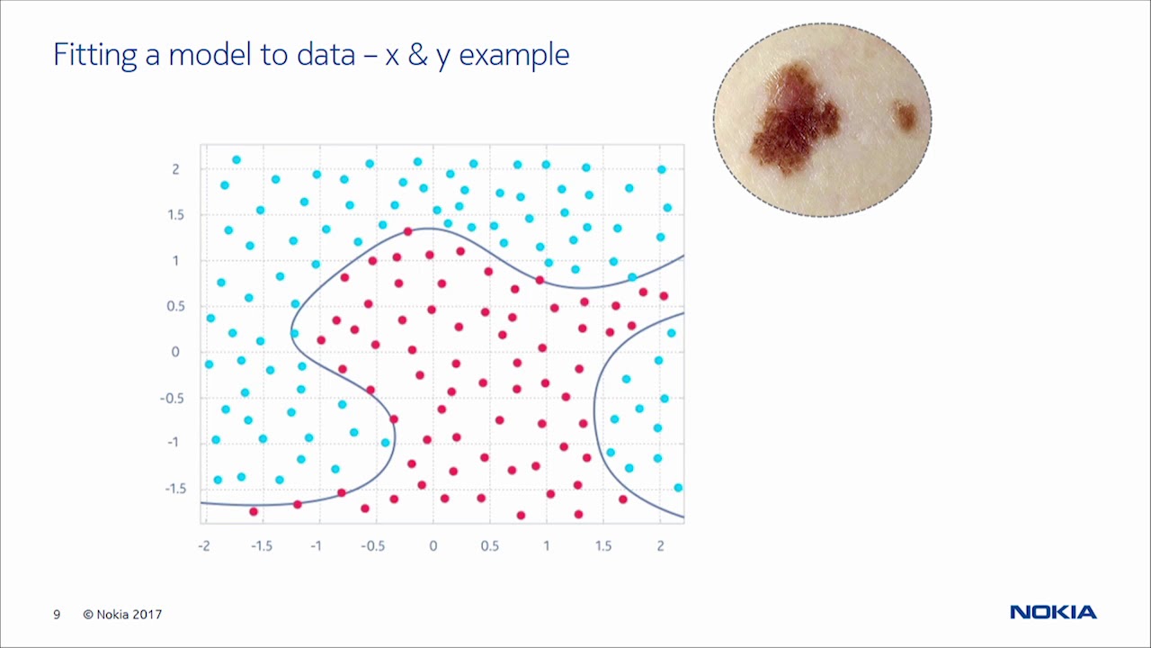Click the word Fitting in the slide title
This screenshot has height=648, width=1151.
click(94, 55)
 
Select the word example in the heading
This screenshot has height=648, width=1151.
click(514, 56)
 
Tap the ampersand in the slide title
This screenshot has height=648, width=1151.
click(418, 55)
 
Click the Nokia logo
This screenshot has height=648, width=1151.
click(1053, 612)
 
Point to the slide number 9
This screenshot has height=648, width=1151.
click(57, 614)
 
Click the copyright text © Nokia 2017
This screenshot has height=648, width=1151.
click(122, 614)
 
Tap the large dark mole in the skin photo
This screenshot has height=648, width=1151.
click(794, 121)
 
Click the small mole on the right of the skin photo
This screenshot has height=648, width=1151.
click(906, 115)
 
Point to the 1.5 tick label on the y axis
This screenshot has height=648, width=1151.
click(175, 215)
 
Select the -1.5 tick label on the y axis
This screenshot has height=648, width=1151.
click(175, 489)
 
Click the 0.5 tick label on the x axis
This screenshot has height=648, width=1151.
click(490, 545)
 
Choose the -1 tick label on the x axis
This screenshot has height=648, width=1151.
click(316, 545)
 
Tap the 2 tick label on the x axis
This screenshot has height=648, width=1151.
click(660, 545)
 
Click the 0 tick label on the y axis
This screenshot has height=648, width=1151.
click(175, 352)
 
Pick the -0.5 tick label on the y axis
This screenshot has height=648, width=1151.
click(172, 398)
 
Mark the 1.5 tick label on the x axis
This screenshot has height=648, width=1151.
click(603, 545)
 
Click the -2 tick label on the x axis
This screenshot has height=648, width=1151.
click(204, 545)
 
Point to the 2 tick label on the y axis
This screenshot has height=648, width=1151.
click(175, 169)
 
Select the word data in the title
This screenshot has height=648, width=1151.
click(326, 54)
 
